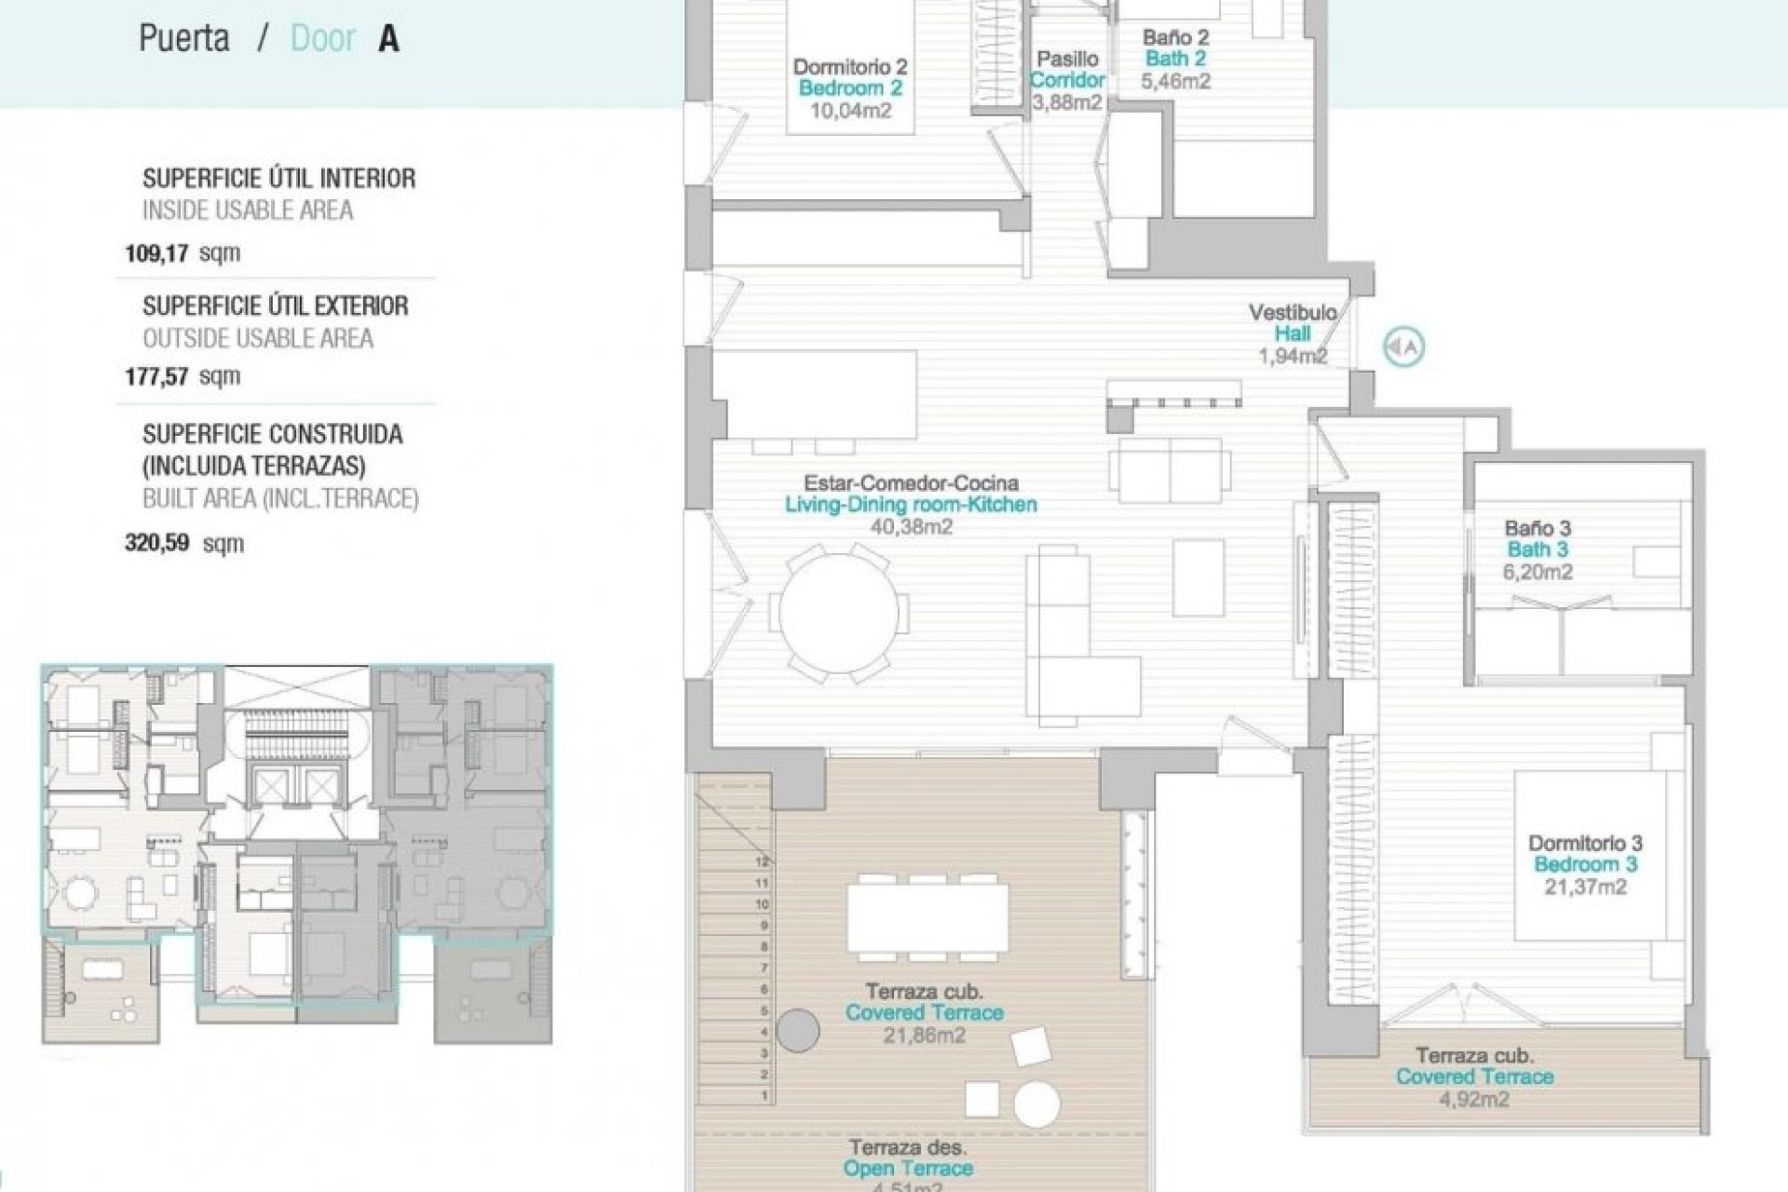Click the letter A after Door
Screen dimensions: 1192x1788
[x=388, y=39]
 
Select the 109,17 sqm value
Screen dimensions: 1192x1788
[x=182, y=252]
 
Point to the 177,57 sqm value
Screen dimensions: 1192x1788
[x=182, y=376]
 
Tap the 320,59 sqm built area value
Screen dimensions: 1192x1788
[x=183, y=543]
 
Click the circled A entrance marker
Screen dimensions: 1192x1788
[x=1403, y=347]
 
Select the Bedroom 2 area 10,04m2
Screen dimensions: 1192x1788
[x=849, y=111]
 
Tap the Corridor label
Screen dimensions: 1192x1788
[x=1067, y=80]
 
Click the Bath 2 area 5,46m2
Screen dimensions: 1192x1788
[x=1175, y=81]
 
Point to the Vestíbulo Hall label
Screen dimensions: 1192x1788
[x=1293, y=323]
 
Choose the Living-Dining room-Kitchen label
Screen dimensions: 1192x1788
[x=910, y=505]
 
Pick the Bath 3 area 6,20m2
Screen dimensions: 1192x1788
[x=1537, y=572]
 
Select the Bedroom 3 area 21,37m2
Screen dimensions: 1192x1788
[x=1585, y=887]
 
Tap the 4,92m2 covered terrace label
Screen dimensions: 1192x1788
[x=1474, y=1099]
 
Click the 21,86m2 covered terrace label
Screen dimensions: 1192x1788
[x=924, y=1035]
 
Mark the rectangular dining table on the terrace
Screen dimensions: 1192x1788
[x=928, y=916]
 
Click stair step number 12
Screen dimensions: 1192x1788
[x=763, y=862]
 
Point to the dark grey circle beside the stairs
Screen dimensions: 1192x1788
[x=797, y=1031]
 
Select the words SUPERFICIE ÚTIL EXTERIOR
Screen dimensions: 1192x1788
[x=275, y=306]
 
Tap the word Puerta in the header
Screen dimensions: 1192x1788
[x=184, y=39]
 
